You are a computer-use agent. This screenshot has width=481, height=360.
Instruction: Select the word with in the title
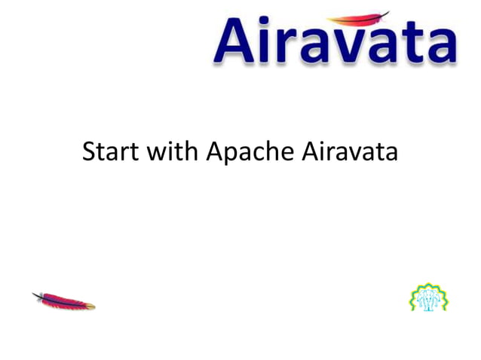point(173,151)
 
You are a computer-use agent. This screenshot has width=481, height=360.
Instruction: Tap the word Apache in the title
point(250,153)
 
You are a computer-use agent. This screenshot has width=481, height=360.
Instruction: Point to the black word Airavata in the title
point(349,151)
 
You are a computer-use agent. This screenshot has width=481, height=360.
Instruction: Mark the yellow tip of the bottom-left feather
point(90,306)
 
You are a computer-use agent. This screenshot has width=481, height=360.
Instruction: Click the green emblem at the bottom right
point(428,297)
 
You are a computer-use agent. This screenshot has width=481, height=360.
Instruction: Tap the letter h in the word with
point(188,151)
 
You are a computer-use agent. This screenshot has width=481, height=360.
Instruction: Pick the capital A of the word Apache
point(214,151)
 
